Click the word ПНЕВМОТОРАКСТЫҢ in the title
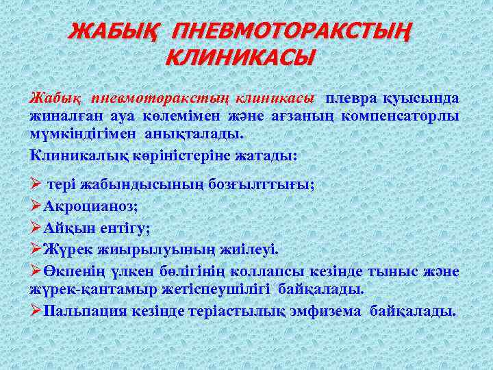(294, 30)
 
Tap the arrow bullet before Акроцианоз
(36, 206)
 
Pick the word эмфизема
(326, 312)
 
